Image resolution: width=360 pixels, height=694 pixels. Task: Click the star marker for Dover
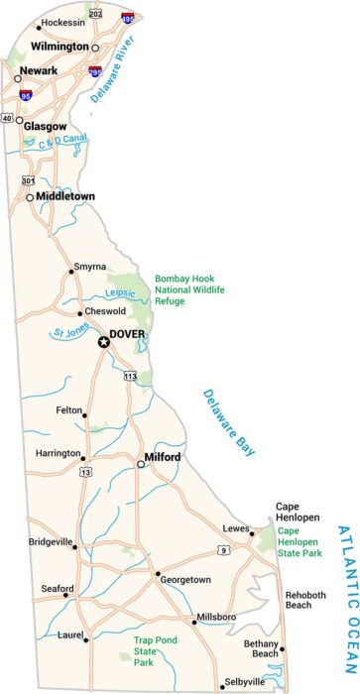pyautogui.click(x=103, y=343)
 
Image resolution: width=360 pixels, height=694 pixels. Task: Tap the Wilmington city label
pyautogui.click(x=59, y=47)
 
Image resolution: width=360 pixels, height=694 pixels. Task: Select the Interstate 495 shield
pyautogui.click(x=128, y=18)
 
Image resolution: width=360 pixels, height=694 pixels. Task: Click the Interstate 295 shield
pyautogui.click(x=94, y=72)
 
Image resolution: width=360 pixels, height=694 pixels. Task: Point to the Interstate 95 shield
pyautogui.click(x=26, y=95)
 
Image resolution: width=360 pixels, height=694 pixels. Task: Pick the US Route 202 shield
pyautogui.click(x=95, y=14)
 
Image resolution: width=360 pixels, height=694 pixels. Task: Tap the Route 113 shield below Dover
pyautogui.click(x=130, y=376)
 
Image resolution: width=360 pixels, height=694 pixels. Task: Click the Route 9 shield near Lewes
pyautogui.click(x=224, y=549)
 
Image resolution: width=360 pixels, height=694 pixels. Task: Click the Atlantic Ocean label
pyautogui.click(x=344, y=584)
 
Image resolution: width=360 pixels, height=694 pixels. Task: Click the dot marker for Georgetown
pyautogui.click(x=157, y=574)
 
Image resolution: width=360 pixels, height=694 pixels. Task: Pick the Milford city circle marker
pyautogui.click(x=141, y=463)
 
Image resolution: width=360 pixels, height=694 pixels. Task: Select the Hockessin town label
pyautogui.click(x=63, y=22)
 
